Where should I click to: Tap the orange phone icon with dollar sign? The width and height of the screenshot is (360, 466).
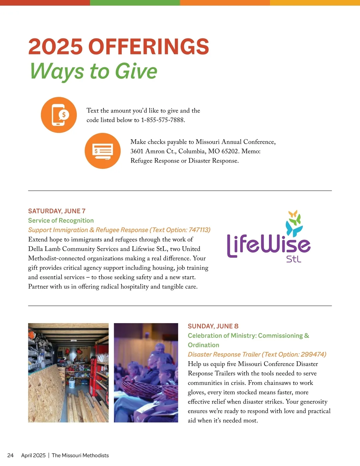coord(59,115)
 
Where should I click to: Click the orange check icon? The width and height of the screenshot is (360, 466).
coord(103,151)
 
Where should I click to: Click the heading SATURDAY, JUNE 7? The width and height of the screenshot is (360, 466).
coord(57,211)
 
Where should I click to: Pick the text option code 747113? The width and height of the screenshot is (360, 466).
coord(199,230)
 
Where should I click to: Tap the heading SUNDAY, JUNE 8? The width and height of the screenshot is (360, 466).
coord(213,326)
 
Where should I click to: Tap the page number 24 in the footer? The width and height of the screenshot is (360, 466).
coord(10,455)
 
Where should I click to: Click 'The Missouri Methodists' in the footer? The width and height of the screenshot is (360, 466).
coord(80,455)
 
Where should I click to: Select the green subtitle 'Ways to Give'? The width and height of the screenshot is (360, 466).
coord(94,71)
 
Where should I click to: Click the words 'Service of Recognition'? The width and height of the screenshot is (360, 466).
coord(61,221)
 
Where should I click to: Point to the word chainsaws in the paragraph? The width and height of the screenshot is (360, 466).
coord(277,383)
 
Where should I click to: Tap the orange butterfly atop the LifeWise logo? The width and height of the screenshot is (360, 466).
coord(293,214)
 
